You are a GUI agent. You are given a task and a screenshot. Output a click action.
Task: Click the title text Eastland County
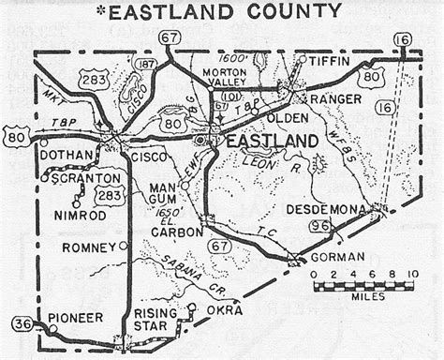(x=226, y=11)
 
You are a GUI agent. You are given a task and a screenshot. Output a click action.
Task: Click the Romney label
(x=88, y=247)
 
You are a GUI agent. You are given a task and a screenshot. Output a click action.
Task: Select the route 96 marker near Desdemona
(x=318, y=225)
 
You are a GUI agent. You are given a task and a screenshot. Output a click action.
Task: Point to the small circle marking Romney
(x=124, y=246)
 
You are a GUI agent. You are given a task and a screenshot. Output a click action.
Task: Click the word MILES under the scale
(x=362, y=294)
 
